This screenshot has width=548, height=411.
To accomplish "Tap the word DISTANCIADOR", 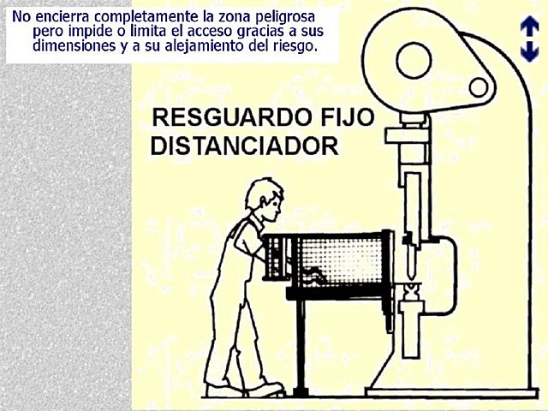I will coord(244,145).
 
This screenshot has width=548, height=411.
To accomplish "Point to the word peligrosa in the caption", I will coord(283,16).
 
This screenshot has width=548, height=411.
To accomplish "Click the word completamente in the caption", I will coord(143,16).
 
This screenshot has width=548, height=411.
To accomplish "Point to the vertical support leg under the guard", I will coord(300,342).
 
